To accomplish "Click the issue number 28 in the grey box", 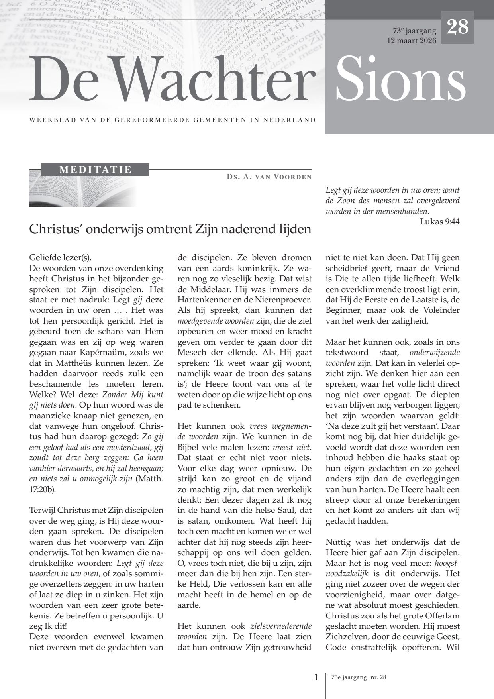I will click(457, 27).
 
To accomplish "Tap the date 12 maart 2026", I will click(412, 41).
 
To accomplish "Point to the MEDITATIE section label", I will click(95, 169).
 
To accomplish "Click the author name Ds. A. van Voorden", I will click(269, 177).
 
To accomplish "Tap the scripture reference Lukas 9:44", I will click(439, 222).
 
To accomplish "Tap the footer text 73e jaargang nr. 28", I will click(359, 677).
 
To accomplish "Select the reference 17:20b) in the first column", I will click(43, 489).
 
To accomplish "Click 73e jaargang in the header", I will click(414, 31).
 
